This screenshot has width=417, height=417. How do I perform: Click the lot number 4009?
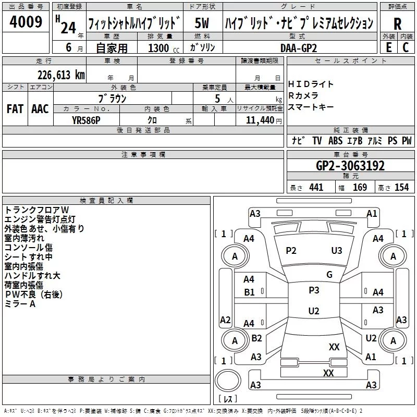pos(26,22)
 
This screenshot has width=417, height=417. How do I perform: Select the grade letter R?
pos(397,24)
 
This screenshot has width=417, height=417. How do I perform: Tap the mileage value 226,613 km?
pos(61,75)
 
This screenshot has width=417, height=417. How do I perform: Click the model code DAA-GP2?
pos(299,48)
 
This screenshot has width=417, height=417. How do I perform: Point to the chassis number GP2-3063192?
pos(350,166)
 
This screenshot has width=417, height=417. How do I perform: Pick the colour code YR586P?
pos(86,120)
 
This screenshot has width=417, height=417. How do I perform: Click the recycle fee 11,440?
pos(260,120)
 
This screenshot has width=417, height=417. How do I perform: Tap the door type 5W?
pos(202,23)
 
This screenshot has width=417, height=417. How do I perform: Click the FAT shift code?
pos(15,109)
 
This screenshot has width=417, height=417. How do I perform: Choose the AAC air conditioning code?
pos(40,109)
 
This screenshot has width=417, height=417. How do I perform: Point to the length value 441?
pos(316,187)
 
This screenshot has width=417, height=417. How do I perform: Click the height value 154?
pos(401,187)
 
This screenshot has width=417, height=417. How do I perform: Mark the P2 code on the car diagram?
pos(291,251)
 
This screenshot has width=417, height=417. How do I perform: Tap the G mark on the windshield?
pos(329,274)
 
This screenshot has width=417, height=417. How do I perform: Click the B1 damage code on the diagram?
pos(249,292)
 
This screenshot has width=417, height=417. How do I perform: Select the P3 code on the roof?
pos(314,290)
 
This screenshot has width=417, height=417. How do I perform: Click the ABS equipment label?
pos(335,140)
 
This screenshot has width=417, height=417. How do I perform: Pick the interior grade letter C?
pos(406,47)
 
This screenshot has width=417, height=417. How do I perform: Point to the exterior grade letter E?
pos(389,47)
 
